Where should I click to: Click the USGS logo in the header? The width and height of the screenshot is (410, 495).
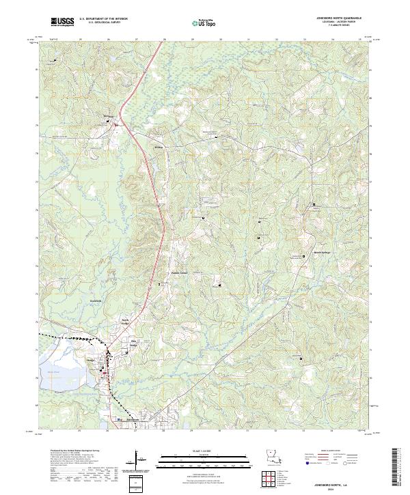click(x=62, y=22)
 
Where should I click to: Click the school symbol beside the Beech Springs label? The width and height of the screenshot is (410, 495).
click(x=303, y=256)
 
